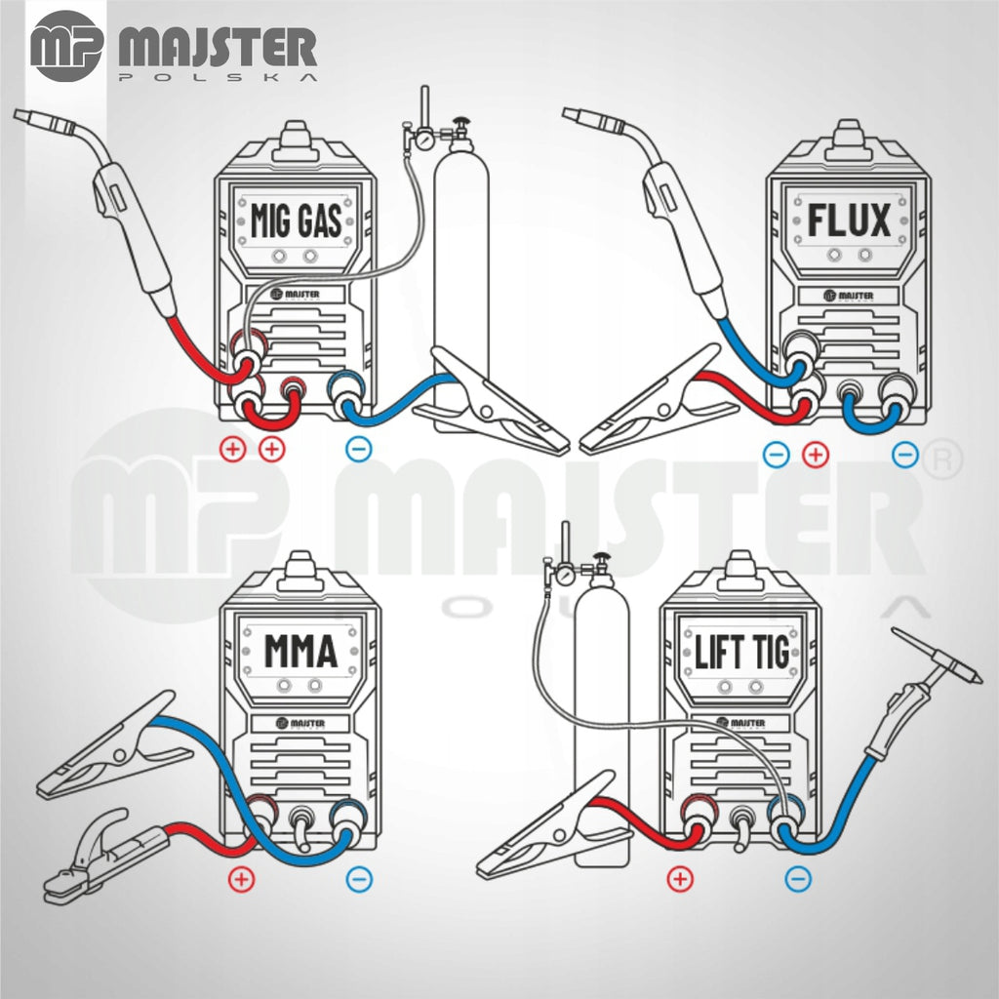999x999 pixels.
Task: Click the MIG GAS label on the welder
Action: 297,220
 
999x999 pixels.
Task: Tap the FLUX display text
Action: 849,220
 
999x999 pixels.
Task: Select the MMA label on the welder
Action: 300,651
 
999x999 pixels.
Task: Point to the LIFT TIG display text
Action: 741,652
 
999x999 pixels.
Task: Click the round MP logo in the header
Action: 66,46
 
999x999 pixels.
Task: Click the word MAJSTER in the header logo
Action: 218,47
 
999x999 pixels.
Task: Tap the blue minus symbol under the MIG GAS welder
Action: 358,449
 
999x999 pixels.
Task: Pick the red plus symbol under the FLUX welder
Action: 815,455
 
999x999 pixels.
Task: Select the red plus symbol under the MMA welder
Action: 241,880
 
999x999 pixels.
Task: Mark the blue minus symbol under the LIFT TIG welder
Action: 798,879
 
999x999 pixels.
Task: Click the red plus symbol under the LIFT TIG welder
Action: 680,879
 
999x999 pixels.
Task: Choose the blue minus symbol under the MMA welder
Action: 359,880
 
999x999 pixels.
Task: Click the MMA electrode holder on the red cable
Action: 101,856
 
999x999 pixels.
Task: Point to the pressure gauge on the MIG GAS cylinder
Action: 421,139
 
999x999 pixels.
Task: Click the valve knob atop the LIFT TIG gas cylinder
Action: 600,559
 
